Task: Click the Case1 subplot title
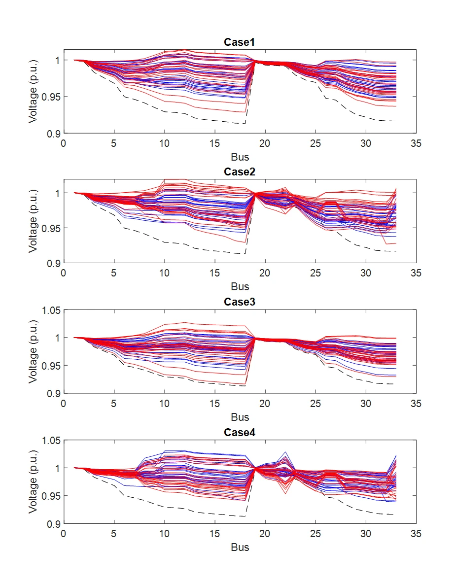240,42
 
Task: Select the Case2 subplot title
240,172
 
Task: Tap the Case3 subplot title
240,302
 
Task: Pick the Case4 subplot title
240,432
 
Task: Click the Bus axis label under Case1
240,157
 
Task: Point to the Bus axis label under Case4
240,547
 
